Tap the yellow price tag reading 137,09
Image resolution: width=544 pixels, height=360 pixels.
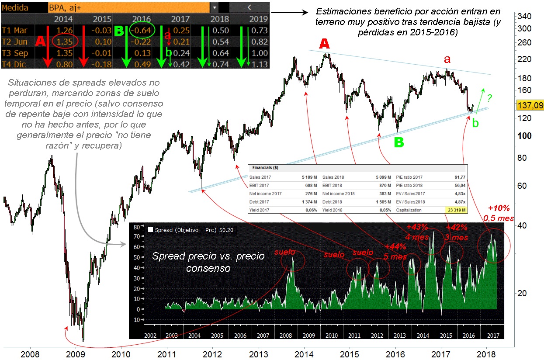(x=530, y=105)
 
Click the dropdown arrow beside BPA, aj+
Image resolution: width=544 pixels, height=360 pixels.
(x=215, y=7)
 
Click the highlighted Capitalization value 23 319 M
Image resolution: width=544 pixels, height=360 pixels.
(x=456, y=210)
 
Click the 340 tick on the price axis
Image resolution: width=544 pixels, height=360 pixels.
(x=523, y=17)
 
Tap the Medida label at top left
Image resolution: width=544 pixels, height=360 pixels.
(x=15, y=7)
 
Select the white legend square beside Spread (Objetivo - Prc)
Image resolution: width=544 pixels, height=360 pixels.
(x=151, y=229)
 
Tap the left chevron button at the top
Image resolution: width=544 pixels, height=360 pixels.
(x=248, y=7)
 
